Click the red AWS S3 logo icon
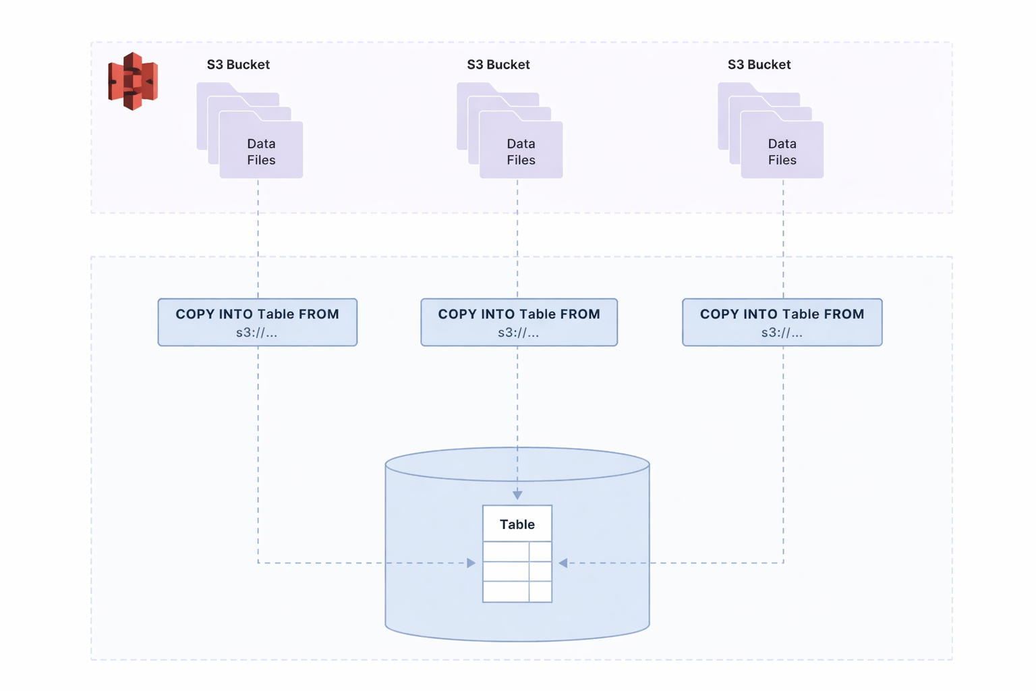(x=133, y=81)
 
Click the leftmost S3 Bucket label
(x=238, y=64)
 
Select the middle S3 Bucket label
(x=498, y=64)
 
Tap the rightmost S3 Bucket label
(x=759, y=64)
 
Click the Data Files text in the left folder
(x=261, y=152)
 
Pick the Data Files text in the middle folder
(x=521, y=152)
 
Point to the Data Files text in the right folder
(x=782, y=152)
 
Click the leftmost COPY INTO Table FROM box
(x=258, y=322)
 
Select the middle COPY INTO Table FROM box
(x=519, y=322)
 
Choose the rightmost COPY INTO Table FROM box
(x=782, y=322)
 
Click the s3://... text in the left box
(x=257, y=333)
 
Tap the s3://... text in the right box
(x=782, y=333)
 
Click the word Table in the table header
(x=517, y=524)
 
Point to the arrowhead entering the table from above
(x=517, y=495)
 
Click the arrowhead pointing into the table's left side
(x=471, y=563)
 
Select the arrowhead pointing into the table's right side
(x=563, y=563)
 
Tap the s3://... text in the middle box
(x=519, y=333)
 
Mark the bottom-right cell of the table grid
(x=540, y=592)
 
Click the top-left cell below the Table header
(x=506, y=552)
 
